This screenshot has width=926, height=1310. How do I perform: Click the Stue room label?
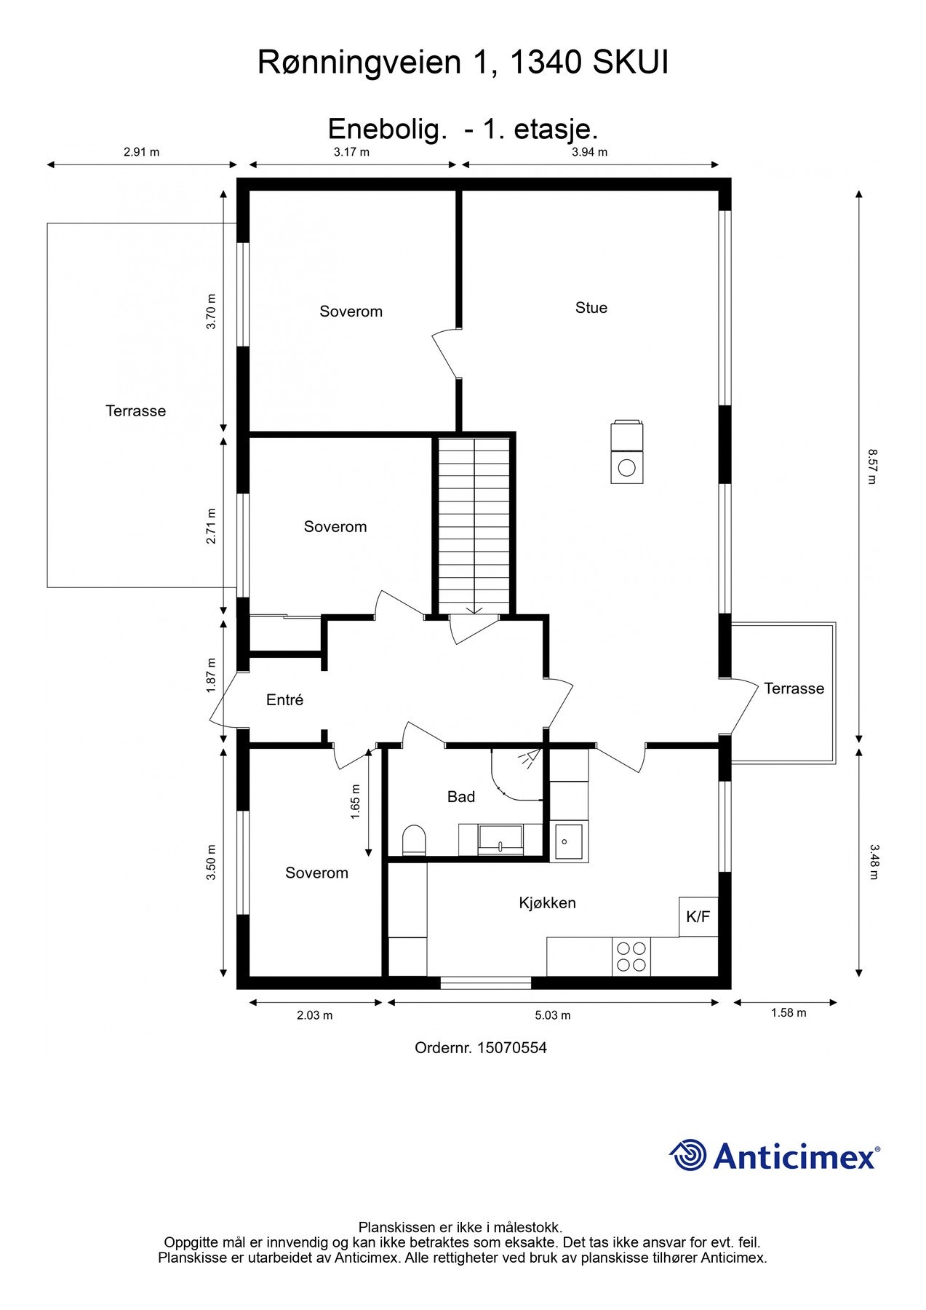591,308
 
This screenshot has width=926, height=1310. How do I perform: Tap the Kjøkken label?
547,903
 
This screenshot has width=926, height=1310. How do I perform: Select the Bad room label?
460,797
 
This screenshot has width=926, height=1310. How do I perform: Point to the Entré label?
284,700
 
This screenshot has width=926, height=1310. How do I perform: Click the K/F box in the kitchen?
698,917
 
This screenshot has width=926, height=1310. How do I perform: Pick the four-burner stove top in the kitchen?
631,956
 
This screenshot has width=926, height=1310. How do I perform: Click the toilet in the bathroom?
414,841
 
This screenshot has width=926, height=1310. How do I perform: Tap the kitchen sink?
568,841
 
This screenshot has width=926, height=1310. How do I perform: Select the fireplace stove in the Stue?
627,451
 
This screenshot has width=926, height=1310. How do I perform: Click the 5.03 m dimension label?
553,1015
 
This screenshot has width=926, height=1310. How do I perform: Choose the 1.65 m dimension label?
356,802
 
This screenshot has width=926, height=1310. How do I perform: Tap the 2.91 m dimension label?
142,152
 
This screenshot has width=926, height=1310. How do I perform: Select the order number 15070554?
513,1048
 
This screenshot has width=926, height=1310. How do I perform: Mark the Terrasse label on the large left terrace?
136,411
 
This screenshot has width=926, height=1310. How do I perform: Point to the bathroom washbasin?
500,840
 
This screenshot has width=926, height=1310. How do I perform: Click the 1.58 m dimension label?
789,1013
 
